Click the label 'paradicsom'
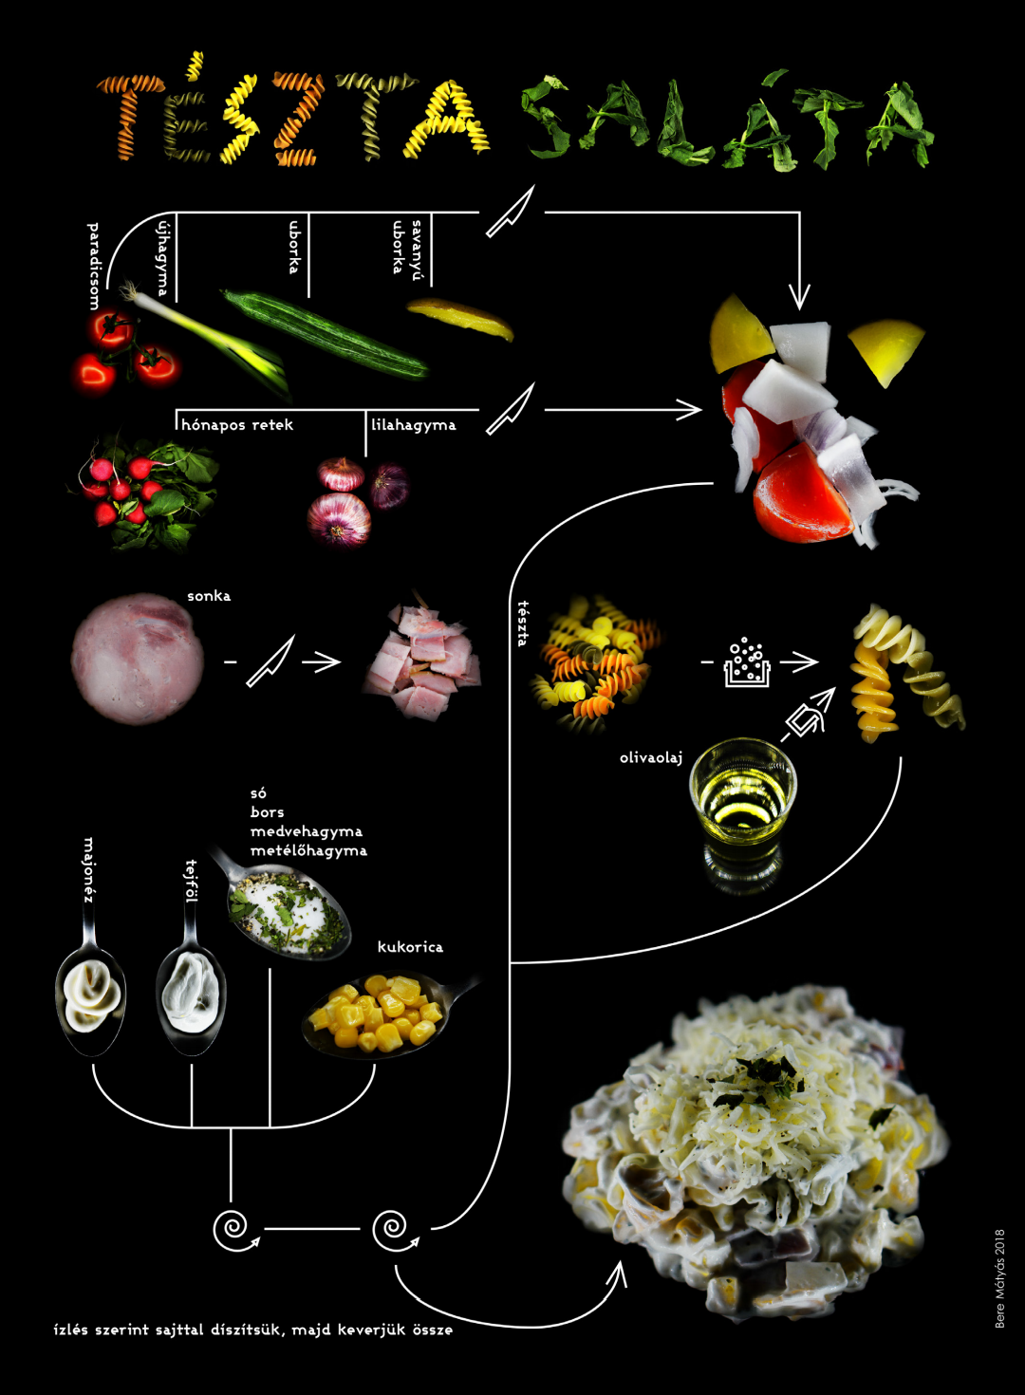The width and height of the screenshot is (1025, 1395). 93,266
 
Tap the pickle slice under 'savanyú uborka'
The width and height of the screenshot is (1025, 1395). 462,318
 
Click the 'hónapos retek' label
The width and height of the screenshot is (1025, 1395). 237,425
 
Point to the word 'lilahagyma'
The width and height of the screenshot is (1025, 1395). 413,425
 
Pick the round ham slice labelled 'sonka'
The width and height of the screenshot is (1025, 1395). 138,659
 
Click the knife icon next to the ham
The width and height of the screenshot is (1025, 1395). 270,660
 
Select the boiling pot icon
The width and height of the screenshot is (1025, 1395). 746,661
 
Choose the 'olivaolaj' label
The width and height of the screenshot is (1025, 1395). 651,757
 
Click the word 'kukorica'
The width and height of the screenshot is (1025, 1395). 410,946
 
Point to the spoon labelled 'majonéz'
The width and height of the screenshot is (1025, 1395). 91,996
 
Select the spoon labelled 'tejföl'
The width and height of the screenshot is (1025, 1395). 191,996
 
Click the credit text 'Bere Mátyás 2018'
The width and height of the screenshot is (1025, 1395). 999,1278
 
